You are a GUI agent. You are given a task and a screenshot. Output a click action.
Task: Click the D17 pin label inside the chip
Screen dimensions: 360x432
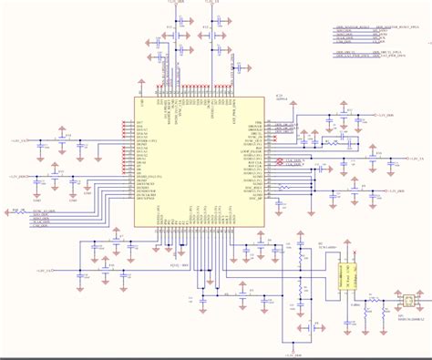pos(139,121)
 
